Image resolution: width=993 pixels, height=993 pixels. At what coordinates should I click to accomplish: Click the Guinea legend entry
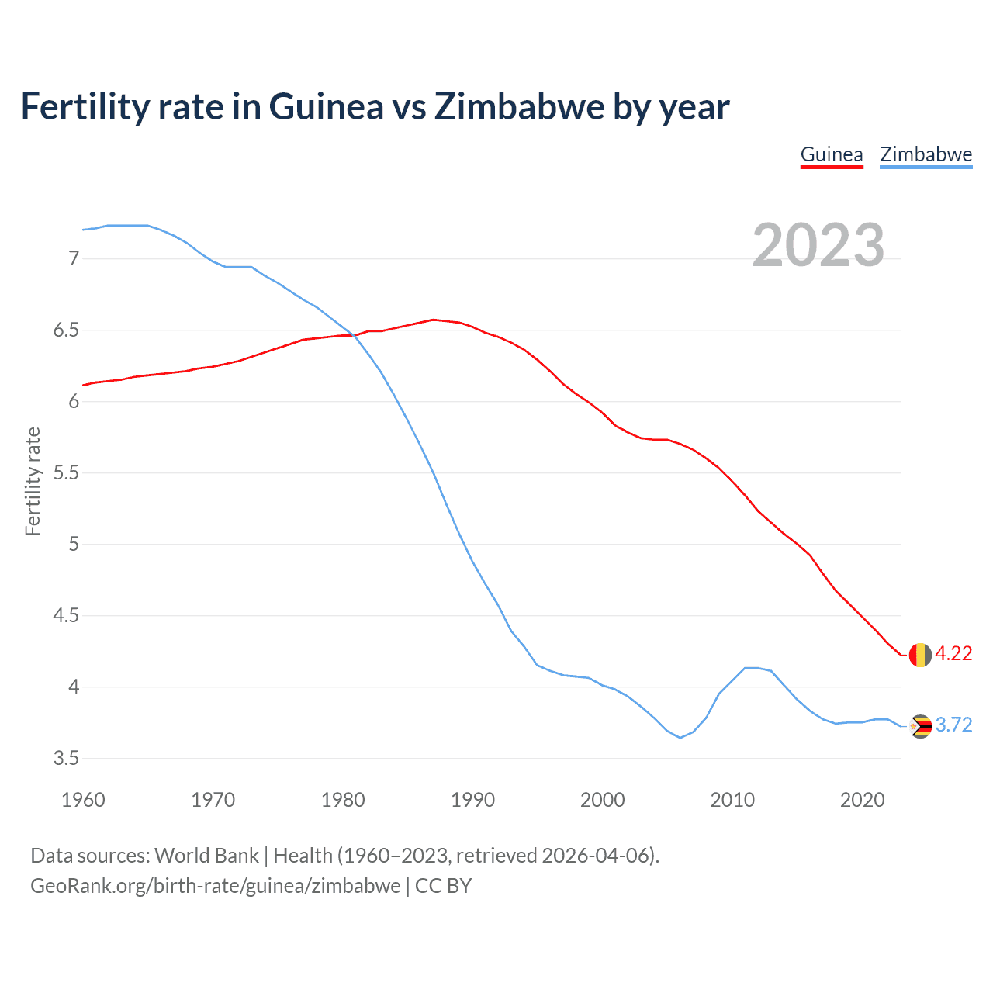point(832,154)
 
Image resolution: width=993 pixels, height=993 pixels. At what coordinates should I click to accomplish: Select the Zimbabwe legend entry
point(926,154)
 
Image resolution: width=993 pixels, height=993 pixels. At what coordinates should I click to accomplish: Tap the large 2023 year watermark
point(818,245)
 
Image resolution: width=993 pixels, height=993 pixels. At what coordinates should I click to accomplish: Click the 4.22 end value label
point(953,654)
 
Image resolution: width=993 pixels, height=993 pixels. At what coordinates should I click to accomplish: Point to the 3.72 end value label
point(953,725)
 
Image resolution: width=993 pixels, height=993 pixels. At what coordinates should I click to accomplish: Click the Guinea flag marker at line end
point(920,655)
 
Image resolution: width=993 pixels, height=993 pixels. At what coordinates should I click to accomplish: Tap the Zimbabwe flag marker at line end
point(920,726)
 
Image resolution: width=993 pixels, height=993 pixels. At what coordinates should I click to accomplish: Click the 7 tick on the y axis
point(74,258)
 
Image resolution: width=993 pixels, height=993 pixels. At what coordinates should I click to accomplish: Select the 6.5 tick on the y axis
point(66,330)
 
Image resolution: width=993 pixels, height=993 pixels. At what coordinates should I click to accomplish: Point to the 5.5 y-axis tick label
point(66,473)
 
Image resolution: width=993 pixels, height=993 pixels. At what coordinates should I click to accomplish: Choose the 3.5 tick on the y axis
point(66,759)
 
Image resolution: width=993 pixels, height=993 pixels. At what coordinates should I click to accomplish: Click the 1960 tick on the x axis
point(83,800)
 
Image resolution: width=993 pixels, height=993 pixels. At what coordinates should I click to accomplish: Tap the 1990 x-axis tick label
point(472,800)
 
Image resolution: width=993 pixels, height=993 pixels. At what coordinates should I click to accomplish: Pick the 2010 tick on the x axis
point(732,800)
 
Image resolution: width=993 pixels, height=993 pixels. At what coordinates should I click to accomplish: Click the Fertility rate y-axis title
point(33,481)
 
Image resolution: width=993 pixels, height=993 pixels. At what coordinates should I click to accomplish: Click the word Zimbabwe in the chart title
point(520,107)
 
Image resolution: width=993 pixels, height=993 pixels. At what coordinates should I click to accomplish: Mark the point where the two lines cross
point(354,335)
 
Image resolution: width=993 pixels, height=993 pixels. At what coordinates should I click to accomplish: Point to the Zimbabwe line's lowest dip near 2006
point(680,738)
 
